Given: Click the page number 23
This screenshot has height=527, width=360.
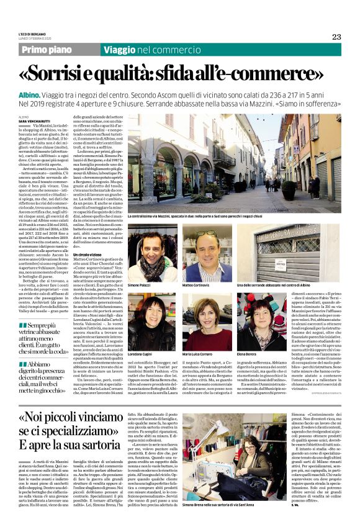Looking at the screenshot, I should click(336, 36).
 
